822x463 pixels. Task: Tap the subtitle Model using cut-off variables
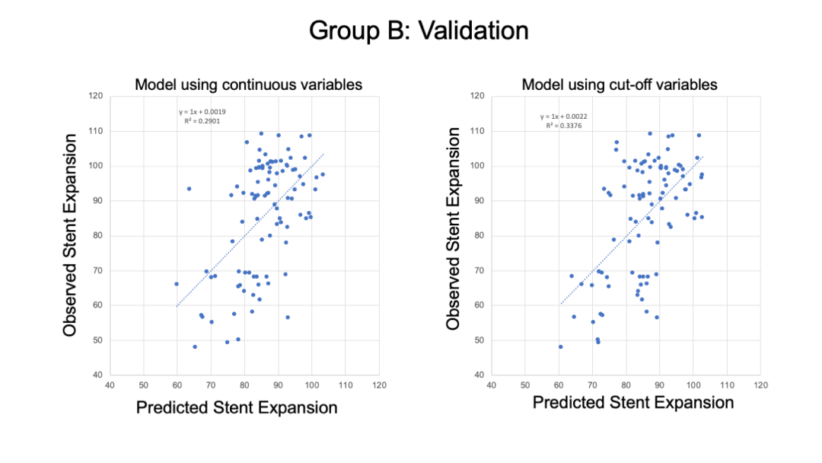point(620,84)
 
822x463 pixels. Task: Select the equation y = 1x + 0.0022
point(563,117)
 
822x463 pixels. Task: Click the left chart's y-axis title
point(71,235)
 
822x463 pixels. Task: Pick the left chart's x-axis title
point(237,407)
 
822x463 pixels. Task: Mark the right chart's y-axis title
point(453,228)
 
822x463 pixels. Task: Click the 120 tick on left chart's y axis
point(95,96)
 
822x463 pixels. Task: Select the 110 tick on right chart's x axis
point(726,385)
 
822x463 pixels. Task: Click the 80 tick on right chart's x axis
point(626,385)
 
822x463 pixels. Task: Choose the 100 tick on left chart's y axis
point(95,166)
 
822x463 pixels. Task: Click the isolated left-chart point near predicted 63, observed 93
point(189,188)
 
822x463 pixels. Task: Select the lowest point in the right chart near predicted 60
point(560,346)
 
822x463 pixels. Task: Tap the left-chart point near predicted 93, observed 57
point(288,317)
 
